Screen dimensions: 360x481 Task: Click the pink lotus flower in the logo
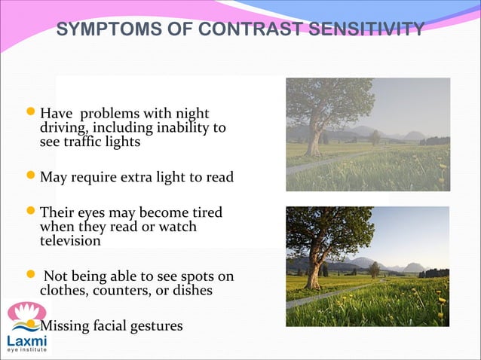[x=27, y=313]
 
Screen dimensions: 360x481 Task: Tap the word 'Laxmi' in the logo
[x=27, y=340]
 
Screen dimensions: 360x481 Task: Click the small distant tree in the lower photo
[x=374, y=269]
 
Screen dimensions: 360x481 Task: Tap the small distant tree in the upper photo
[x=374, y=138]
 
